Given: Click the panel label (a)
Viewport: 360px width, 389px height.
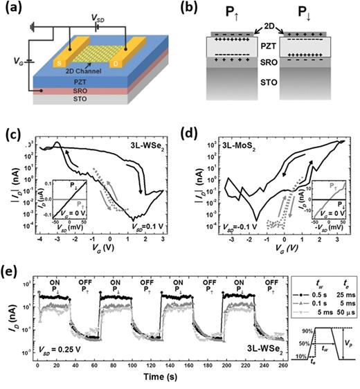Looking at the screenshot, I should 10,8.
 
